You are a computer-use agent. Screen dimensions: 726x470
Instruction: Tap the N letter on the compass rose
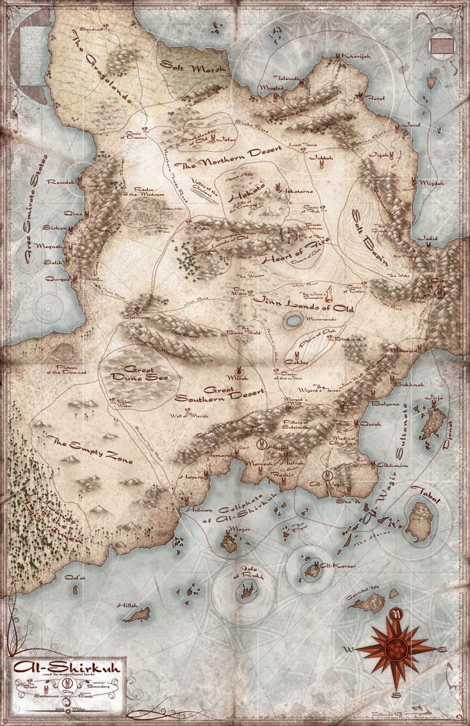(399, 613)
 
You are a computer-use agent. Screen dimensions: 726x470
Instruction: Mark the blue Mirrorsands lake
(292, 321)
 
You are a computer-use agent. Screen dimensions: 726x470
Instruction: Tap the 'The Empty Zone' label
(89, 451)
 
